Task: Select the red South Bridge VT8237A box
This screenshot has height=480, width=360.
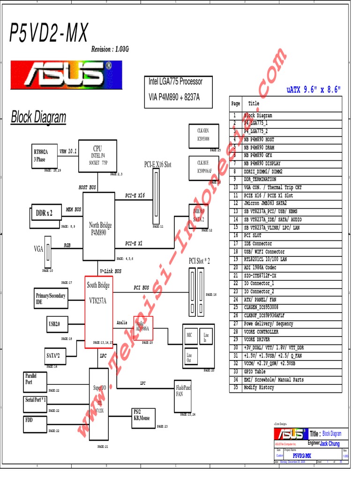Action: [x=98, y=312]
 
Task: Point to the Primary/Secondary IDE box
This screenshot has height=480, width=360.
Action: [x=51, y=299]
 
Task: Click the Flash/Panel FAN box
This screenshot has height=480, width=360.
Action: [x=183, y=391]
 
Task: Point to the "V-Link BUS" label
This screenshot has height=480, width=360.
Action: [x=111, y=271]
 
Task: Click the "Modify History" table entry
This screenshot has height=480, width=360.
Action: [x=259, y=388]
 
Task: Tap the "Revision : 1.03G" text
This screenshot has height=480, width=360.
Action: [x=110, y=50]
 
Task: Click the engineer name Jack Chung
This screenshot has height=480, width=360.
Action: [x=330, y=443]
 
